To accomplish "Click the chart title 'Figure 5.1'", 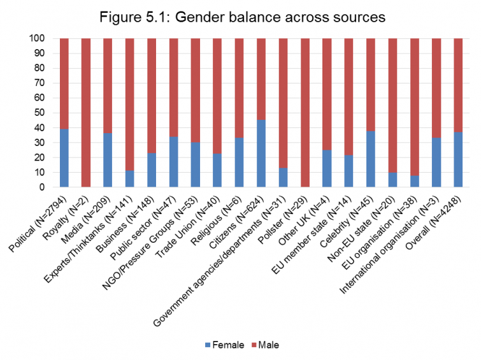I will click(241, 17).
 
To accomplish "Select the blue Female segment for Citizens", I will click(261, 154).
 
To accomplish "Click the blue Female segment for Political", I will click(64, 158).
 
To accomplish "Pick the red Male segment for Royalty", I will click(86, 113).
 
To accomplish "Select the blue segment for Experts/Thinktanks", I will click(130, 179).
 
